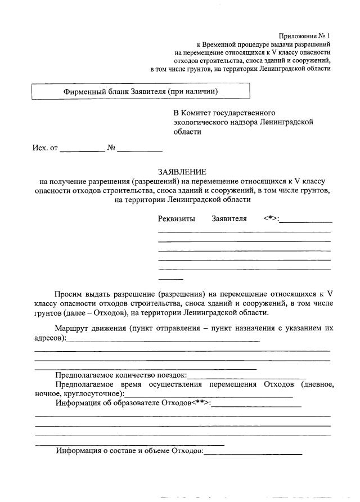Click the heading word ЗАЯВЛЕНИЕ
click(x=182, y=172)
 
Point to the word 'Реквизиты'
click(x=177, y=219)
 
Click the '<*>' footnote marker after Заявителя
click(x=271, y=219)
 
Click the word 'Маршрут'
click(x=72, y=328)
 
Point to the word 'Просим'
click(x=68, y=294)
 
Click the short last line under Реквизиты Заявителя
click(x=170, y=279)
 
